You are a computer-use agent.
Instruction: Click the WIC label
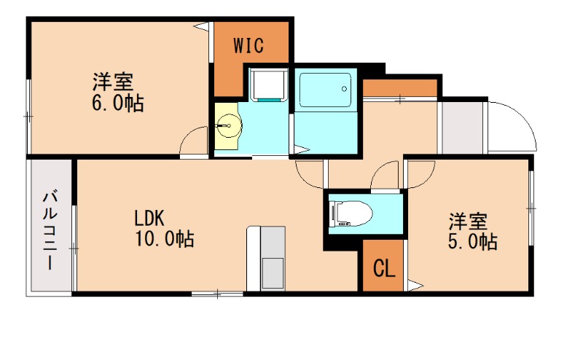(249, 45)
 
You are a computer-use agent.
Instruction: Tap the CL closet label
(383, 269)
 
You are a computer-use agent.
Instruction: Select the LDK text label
(149, 218)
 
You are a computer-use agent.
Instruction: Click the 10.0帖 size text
(163, 238)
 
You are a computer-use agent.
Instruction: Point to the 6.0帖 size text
(117, 103)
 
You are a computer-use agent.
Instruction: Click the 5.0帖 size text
(472, 241)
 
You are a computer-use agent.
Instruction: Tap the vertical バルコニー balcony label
(50, 229)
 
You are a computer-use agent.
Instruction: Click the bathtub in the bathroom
(325, 89)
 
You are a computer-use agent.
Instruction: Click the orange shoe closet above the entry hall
(399, 88)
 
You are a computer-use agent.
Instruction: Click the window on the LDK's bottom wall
(217, 294)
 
